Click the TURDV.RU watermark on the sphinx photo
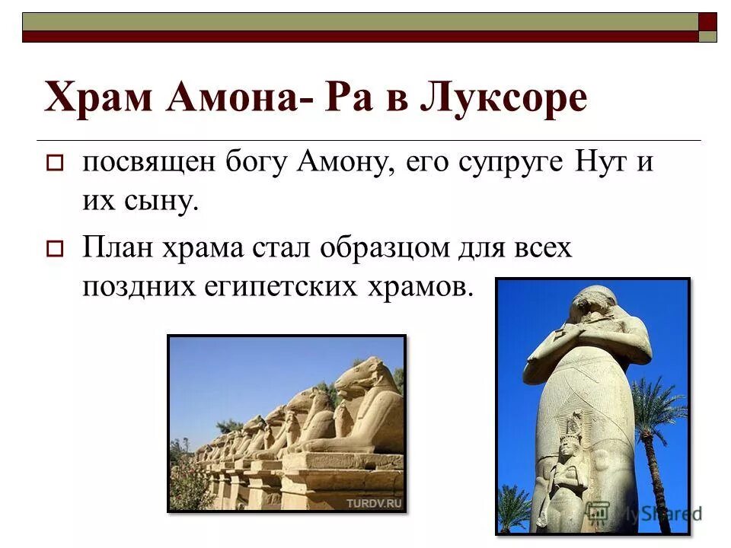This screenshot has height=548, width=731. tap(373, 503)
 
